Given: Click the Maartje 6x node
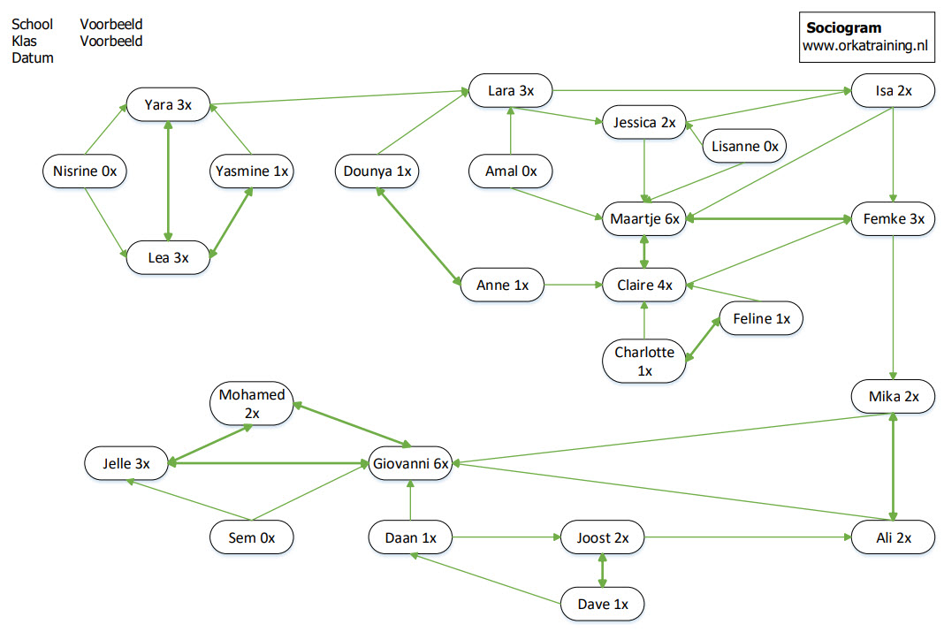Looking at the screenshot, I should (x=644, y=218).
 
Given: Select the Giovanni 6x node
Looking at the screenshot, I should (x=410, y=462).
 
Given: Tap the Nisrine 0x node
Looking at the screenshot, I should (x=85, y=171).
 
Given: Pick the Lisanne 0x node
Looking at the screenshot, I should (x=745, y=147).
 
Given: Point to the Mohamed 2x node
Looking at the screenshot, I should (x=252, y=403).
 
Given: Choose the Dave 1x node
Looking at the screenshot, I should (x=602, y=605).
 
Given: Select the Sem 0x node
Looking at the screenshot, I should (x=252, y=537).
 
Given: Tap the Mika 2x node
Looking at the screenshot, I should (x=894, y=397).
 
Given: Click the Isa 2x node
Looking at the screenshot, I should (x=894, y=90).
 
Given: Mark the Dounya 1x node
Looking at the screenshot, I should (x=377, y=171).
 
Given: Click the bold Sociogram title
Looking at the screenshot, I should (x=843, y=27).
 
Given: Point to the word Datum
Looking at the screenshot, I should (x=33, y=58).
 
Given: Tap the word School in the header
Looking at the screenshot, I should (x=33, y=25).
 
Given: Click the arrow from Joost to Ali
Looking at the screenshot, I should (x=747, y=537).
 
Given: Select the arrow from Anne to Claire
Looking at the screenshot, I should (x=573, y=285).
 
